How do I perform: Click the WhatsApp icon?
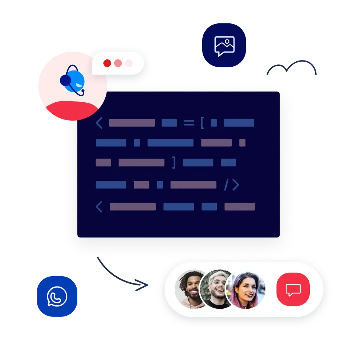click(x=57, y=296)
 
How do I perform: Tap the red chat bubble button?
click(x=293, y=289)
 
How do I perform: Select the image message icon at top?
click(x=224, y=46)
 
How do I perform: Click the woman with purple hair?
click(x=245, y=290)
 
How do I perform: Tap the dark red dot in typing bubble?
click(x=107, y=63)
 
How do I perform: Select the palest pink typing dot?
click(x=129, y=63)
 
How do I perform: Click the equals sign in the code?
click(x=189, y=123)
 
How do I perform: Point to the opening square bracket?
click(x=202, y=123)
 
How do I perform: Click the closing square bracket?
click(x=174, y=162)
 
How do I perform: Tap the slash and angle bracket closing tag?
click(x=231, y=185)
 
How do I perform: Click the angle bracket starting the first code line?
click(x=99, y=123)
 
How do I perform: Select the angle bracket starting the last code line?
click(x=99, y=207)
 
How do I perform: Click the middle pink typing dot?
click(x=118, y=63)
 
